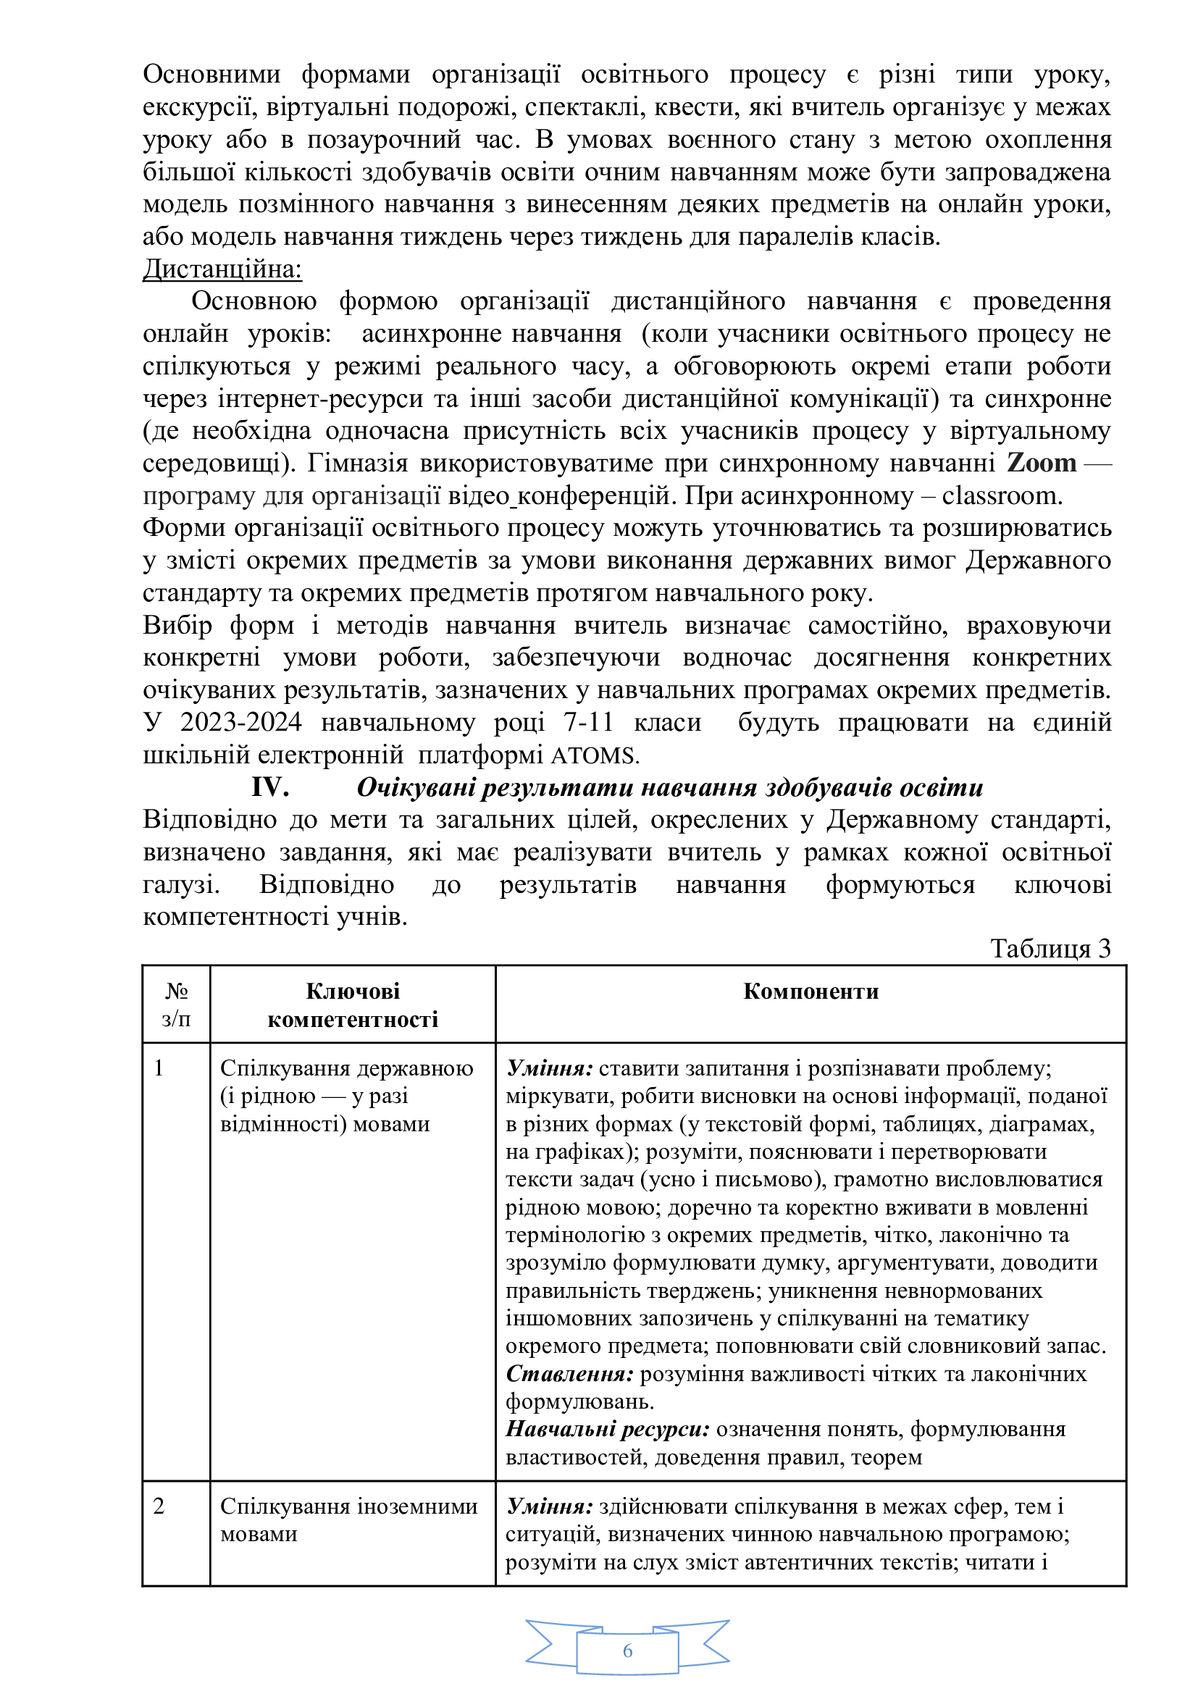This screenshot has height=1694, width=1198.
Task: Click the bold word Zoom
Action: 1041,464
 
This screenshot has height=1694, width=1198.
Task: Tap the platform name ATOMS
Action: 594,755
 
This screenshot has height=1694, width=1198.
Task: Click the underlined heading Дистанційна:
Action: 222,269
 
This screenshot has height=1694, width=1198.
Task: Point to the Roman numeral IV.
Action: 270,787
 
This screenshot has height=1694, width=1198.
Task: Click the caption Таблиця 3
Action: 1050,949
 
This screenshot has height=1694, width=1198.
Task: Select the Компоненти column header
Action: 810,991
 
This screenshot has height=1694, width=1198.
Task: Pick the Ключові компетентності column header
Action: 353,1005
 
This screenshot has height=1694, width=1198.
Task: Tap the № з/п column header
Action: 176,1005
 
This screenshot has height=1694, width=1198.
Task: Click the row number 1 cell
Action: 159,1068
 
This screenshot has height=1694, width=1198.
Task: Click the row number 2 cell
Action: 159,1501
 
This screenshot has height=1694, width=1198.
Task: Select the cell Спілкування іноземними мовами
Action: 348,1514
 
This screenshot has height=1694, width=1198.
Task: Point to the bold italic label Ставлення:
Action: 569,1374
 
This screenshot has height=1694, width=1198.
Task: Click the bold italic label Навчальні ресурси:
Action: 607,1429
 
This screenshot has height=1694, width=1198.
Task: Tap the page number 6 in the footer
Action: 628,1651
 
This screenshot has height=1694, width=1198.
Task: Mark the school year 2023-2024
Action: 241,722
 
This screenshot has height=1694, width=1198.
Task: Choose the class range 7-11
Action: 588,722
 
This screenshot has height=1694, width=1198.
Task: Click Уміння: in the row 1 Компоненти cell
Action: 550,1068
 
